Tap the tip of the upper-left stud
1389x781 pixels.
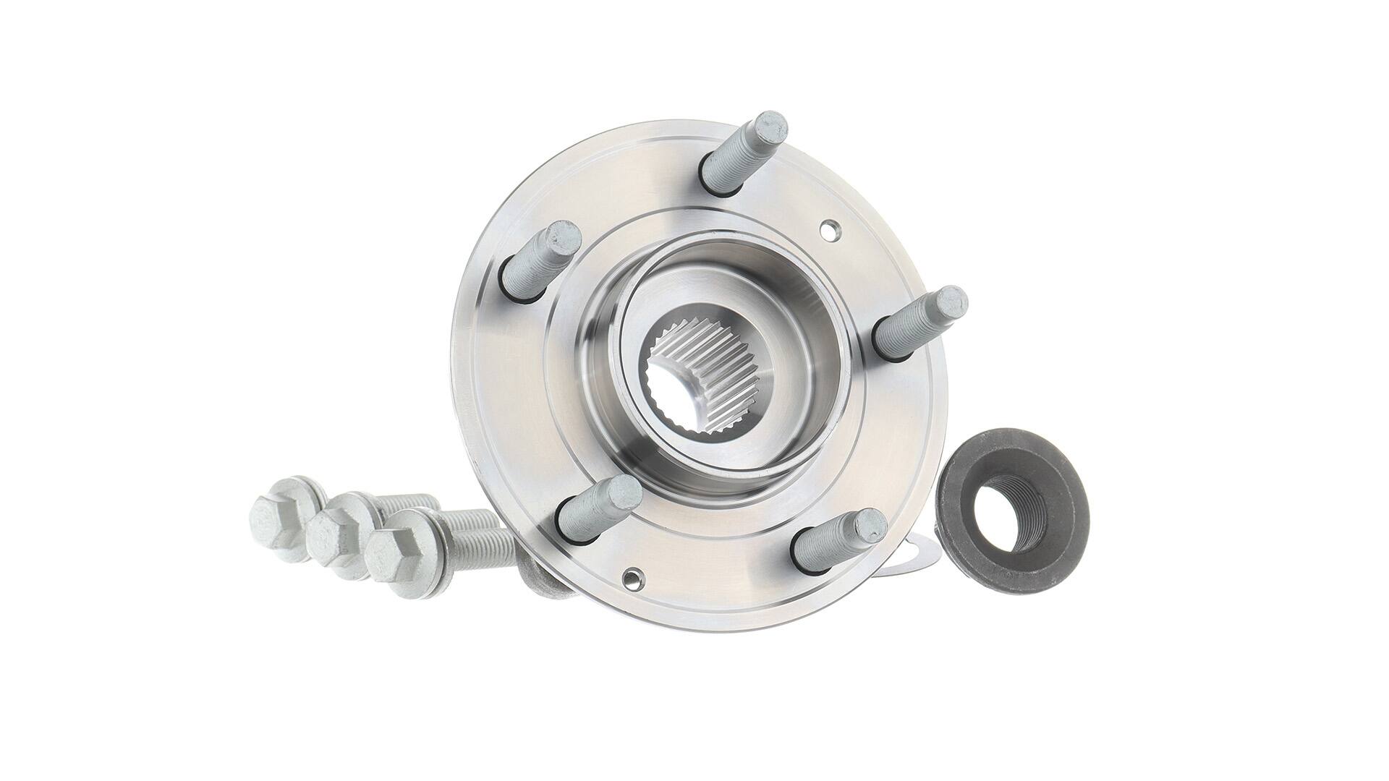tap(564, 236)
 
